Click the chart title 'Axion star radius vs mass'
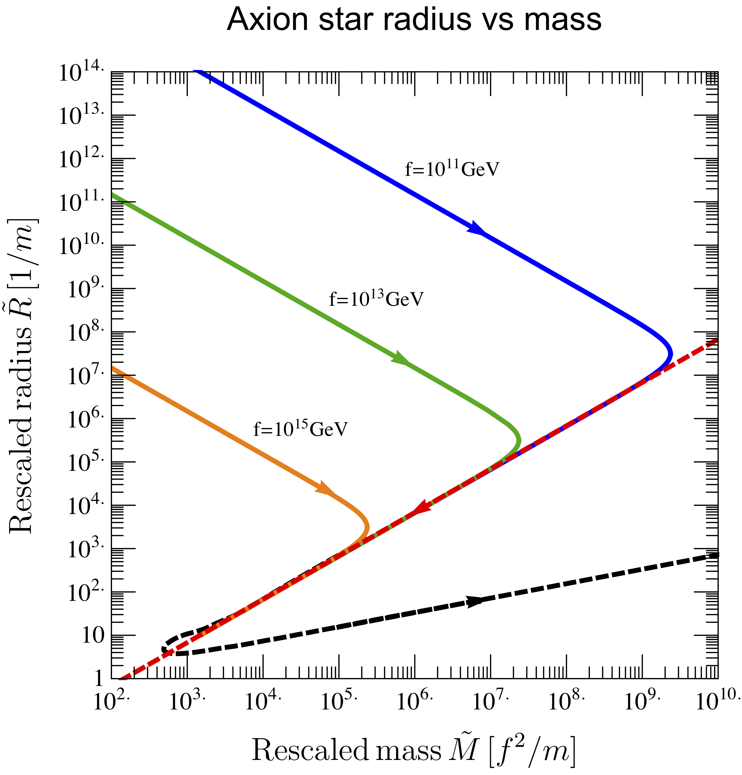(414, 20)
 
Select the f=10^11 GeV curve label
(452, 169)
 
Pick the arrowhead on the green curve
(400, 358)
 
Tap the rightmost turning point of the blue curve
(670, 353)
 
